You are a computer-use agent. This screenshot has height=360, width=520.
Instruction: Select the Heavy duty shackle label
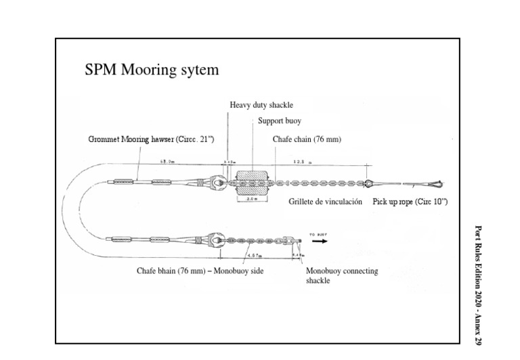pos(261,105)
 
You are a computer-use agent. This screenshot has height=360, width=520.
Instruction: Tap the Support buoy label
pos(280,121)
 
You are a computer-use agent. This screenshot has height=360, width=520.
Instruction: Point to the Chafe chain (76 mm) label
pos(307,139)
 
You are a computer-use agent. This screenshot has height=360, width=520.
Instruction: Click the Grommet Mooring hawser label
pos(151,139)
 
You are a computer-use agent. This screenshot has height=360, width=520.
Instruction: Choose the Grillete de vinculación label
pos(325,202)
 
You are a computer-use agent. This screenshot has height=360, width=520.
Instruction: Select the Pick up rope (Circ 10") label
pos(410,202)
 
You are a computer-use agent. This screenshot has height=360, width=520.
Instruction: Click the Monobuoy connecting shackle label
pos(342,275)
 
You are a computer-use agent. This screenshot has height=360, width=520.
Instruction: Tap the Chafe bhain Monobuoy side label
pos(200,271)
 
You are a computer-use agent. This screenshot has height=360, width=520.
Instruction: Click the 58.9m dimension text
pos(167,162)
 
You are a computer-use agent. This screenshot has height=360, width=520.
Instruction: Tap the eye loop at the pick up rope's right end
pos(434,183)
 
